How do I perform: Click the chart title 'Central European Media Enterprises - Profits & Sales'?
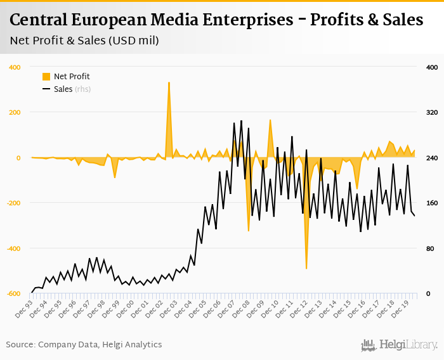[216, 20]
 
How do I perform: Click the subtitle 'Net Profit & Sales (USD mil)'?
[84, 41]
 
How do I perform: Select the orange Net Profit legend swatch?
[46, 77]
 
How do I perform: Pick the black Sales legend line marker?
[46, 89]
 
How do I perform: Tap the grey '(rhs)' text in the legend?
[82, 89]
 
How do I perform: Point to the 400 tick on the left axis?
[14, 67]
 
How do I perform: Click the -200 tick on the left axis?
[13, 203]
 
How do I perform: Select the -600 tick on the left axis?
[13, 293]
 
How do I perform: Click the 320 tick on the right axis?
[431, 113]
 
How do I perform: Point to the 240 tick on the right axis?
[431, 158]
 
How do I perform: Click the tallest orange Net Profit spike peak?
[169, 82]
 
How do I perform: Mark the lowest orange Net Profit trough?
[306, 268]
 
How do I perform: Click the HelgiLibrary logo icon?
[368, 345]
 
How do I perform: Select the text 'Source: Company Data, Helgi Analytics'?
[84, 345]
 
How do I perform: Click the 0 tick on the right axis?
[429, 293]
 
